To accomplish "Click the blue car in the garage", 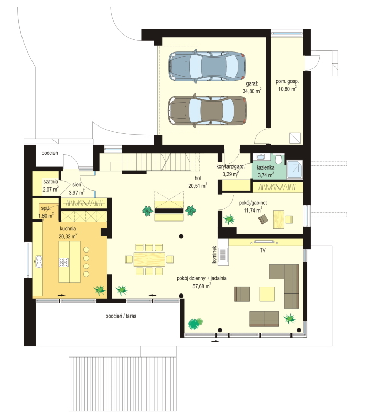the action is pyautogui.click(x=207, y=66).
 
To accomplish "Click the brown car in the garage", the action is pyautogui.click(x=207, y=111).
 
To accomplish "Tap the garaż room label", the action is pyautogui.click(x=252, y=84).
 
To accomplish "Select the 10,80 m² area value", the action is pyautogui.click(x=287, y=89).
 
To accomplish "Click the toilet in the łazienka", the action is pyautogui.click(x=279, y=159).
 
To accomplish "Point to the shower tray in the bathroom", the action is pyautogui.click(x=295, y=169).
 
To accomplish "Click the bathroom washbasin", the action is pyautogui.click(x=260, y=156).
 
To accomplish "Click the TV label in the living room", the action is pyautogui.click(x=263, y=250).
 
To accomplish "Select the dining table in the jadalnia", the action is pyautogui.click(x=149, y=259).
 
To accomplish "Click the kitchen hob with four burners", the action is pyautogui.click(x=63, y=262).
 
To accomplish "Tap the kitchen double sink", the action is pyautogui.click(x=39, y=261).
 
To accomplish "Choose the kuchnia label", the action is pyautogui.click(x=68, y=229).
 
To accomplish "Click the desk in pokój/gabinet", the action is pyautogui.click(x=278, y=219).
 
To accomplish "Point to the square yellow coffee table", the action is pyautogui.click(x=267, y=294).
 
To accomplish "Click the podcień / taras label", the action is pyautogui.click(x=121, y=316).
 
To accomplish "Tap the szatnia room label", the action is pyautogui.click(x=50, y=181).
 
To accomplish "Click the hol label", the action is pyautogui.click(x=198, y=178).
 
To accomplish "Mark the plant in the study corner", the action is pyautogui.click(x=229, y=219).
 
